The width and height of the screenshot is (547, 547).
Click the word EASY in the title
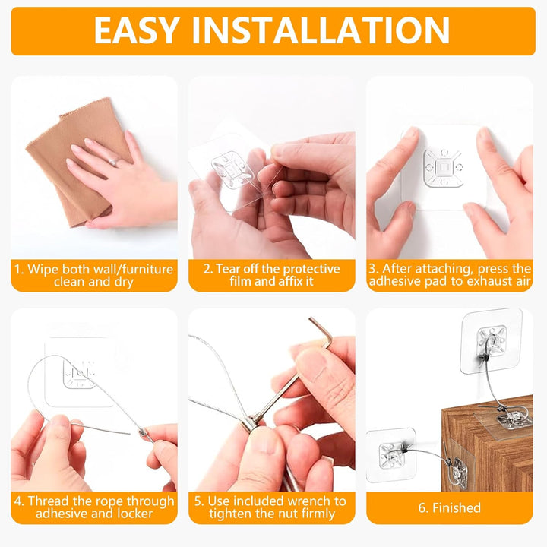pyautogui.click(x=137, y=30)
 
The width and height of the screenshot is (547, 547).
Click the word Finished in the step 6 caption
pyautogui.click(x=457, y=507)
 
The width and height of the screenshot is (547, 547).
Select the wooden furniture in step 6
pyautogui.click(x=486, y=456)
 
